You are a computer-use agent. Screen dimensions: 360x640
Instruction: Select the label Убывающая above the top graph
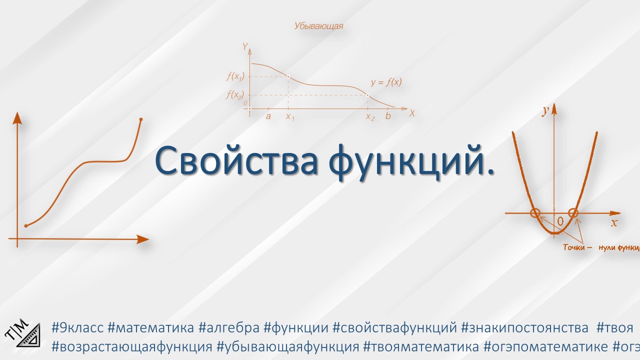(318, 26)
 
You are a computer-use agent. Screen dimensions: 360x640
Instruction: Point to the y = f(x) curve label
(386, 82)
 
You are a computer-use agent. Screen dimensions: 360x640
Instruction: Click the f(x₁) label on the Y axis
(234, 76)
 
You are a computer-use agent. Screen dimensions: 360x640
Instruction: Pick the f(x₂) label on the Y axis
(234, 95)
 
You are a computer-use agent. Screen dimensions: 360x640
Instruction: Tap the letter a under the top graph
(268, 116)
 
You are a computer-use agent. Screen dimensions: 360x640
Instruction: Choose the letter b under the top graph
(388, 116)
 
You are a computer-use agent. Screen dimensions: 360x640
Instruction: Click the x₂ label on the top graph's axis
(369, 117)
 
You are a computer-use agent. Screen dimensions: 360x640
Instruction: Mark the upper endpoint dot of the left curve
(141, 119)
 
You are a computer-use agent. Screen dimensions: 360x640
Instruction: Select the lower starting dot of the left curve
(26, 225)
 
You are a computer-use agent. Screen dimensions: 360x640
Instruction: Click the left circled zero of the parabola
(535, 213)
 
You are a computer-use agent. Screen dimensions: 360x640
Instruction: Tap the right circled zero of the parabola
(573, 213)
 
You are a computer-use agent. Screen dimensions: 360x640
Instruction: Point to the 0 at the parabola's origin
(560, 221)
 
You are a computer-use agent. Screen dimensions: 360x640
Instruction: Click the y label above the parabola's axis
(545, 112)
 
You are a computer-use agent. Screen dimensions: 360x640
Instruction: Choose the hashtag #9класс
(77, 328)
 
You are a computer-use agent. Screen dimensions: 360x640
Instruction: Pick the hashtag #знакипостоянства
(524, 328)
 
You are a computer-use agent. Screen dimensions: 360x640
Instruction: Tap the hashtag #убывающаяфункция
(288, 346)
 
